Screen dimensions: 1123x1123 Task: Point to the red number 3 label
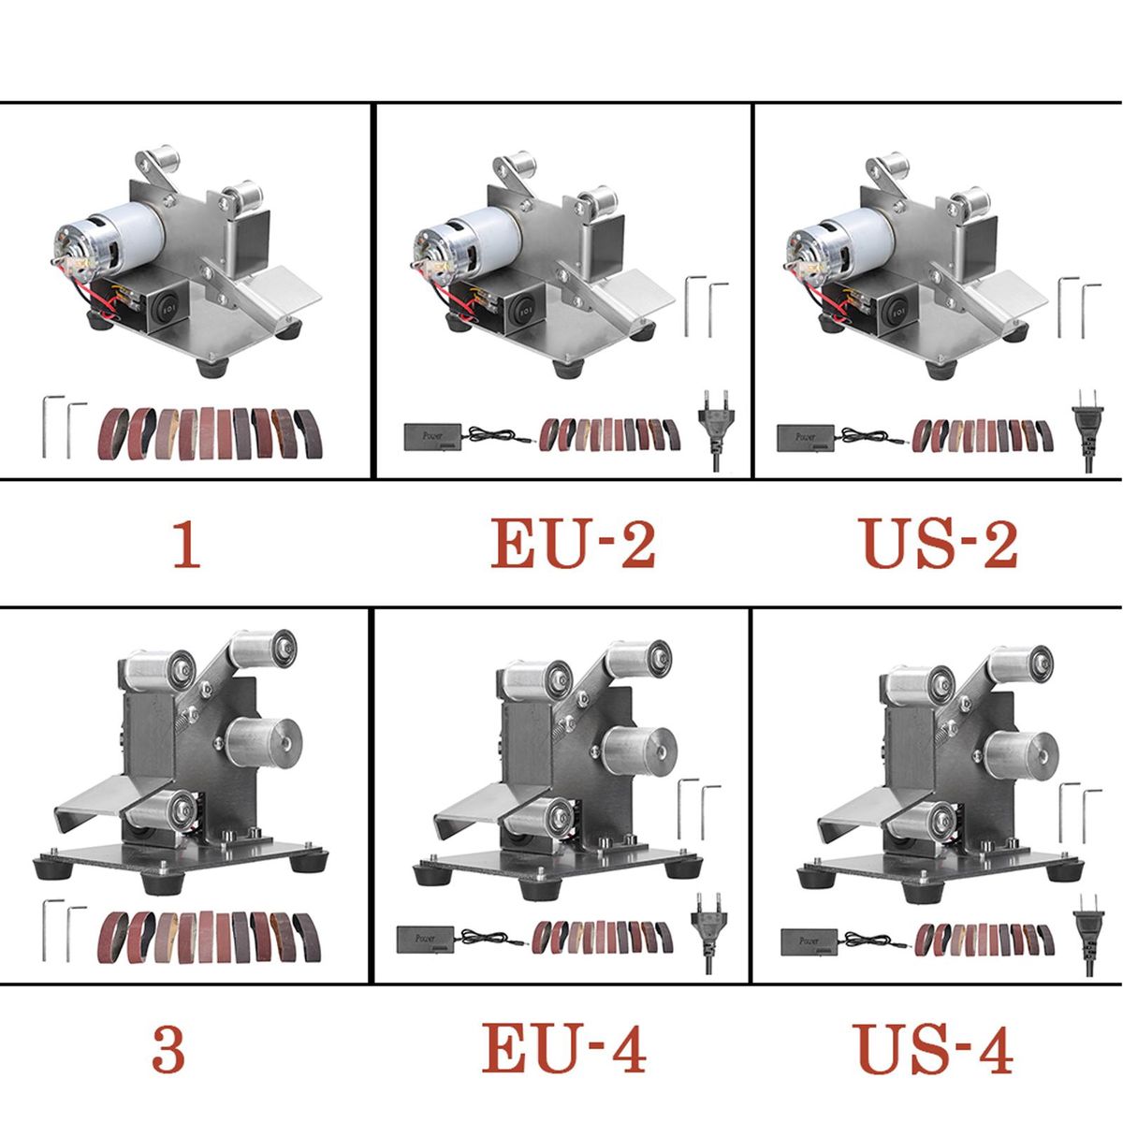point(168,1050)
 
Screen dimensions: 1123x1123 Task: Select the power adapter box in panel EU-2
point(432,437)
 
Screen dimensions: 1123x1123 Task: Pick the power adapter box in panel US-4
point(809,941)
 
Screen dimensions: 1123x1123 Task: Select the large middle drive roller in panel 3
point(263,742)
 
